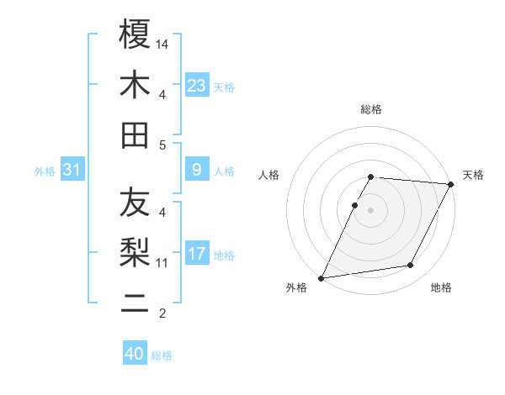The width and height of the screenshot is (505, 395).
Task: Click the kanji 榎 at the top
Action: tap(135, 34)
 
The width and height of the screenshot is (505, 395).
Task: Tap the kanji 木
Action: tap(135, 85)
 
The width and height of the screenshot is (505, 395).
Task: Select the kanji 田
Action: tap(135, 134)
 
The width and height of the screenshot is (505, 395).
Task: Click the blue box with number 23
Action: tap(197, 85)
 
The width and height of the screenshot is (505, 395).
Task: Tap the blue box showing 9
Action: tap(197, 170)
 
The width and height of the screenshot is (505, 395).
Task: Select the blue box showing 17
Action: tap(197, 254)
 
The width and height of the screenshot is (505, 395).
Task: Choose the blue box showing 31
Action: tap(72, 170)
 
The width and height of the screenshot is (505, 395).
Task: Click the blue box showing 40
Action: tap(135, 354)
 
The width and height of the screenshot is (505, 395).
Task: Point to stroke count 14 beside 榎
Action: tap(162, 44)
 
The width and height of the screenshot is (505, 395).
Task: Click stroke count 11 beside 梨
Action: tap(162, 263)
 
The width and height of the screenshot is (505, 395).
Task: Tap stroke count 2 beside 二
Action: tap(162, 313)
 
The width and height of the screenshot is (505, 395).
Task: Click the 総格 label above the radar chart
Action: tap(371, 109)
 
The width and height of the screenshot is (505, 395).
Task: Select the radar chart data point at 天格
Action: tap(452, 184)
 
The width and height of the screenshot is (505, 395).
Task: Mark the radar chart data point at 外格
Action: tap(321, 278)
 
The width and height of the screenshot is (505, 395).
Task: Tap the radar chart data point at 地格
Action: tap(411, 266)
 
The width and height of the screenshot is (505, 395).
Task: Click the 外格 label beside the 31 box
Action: tap(45, 171)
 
